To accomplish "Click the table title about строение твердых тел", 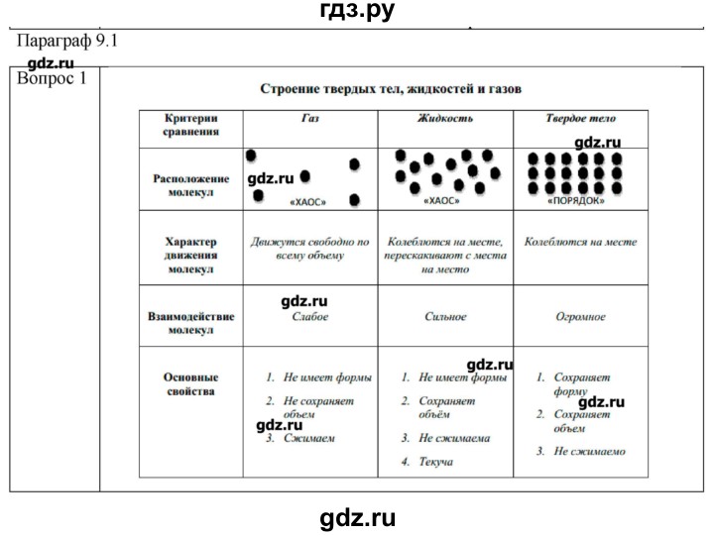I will click(391, 88).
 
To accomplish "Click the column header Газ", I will click(310, 118).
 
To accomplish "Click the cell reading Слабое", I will click(310, 317).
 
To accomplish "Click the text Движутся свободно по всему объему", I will click(310, 249).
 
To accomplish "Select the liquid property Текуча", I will click(435, 463).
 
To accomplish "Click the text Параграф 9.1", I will click(68, 43).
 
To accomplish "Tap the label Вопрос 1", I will click(53, 78).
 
